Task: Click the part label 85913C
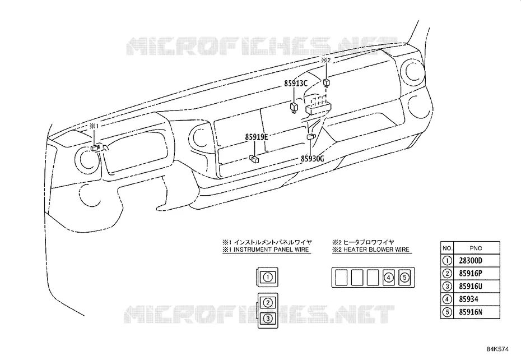(x=296, y=84)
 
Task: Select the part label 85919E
(x=257, y=137)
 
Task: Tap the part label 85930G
(x=313, y=159)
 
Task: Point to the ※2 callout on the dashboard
(x=325, y=60)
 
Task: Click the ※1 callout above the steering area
(x=94, y=126)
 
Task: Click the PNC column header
(x=476, y=248)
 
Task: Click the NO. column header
(x=447, y=248)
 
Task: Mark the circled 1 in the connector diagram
(x=268, y=277)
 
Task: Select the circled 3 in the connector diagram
(x=268, y=319)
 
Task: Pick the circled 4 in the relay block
(x=389, y=277)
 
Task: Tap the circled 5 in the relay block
(x=404, y=277)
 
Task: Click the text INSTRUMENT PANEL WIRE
(x=272, y=250)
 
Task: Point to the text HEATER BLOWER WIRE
(x=376, y=250)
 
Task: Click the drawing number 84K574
(x=497, y=349)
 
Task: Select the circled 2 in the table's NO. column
(x=447, y=274)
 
